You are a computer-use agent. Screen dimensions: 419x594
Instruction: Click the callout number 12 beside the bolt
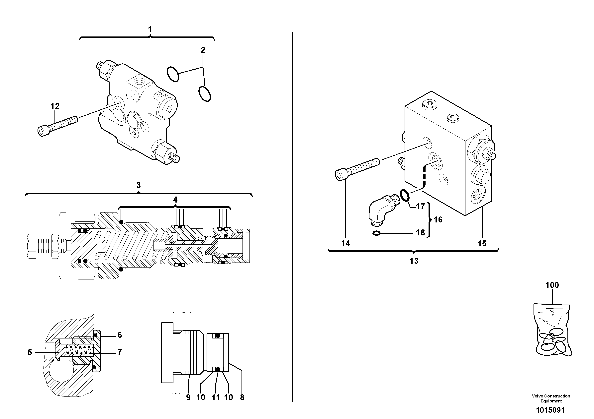[55, 106]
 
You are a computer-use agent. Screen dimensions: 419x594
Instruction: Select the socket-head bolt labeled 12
[58, 126]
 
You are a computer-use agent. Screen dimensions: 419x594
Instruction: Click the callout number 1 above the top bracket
[150, 29]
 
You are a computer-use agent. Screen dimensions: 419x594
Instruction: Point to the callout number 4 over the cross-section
[175, 200]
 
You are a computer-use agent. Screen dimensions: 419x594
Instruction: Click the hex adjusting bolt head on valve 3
[31, 246]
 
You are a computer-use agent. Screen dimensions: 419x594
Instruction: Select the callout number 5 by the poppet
[30, 352]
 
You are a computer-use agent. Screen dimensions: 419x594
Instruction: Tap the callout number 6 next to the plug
[120, 335]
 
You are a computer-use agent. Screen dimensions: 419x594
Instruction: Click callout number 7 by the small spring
[120, 352]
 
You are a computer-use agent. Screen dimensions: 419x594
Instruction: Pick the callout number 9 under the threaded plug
[188, 397]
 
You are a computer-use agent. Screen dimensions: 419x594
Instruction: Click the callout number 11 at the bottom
[216, 397]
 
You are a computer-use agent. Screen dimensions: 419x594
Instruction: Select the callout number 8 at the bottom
[242, 397]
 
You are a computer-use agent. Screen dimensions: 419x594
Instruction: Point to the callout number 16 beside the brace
[438, 220]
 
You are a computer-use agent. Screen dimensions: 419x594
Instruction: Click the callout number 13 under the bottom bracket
[414, 261]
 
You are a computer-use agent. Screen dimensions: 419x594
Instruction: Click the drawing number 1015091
[550, 410]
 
